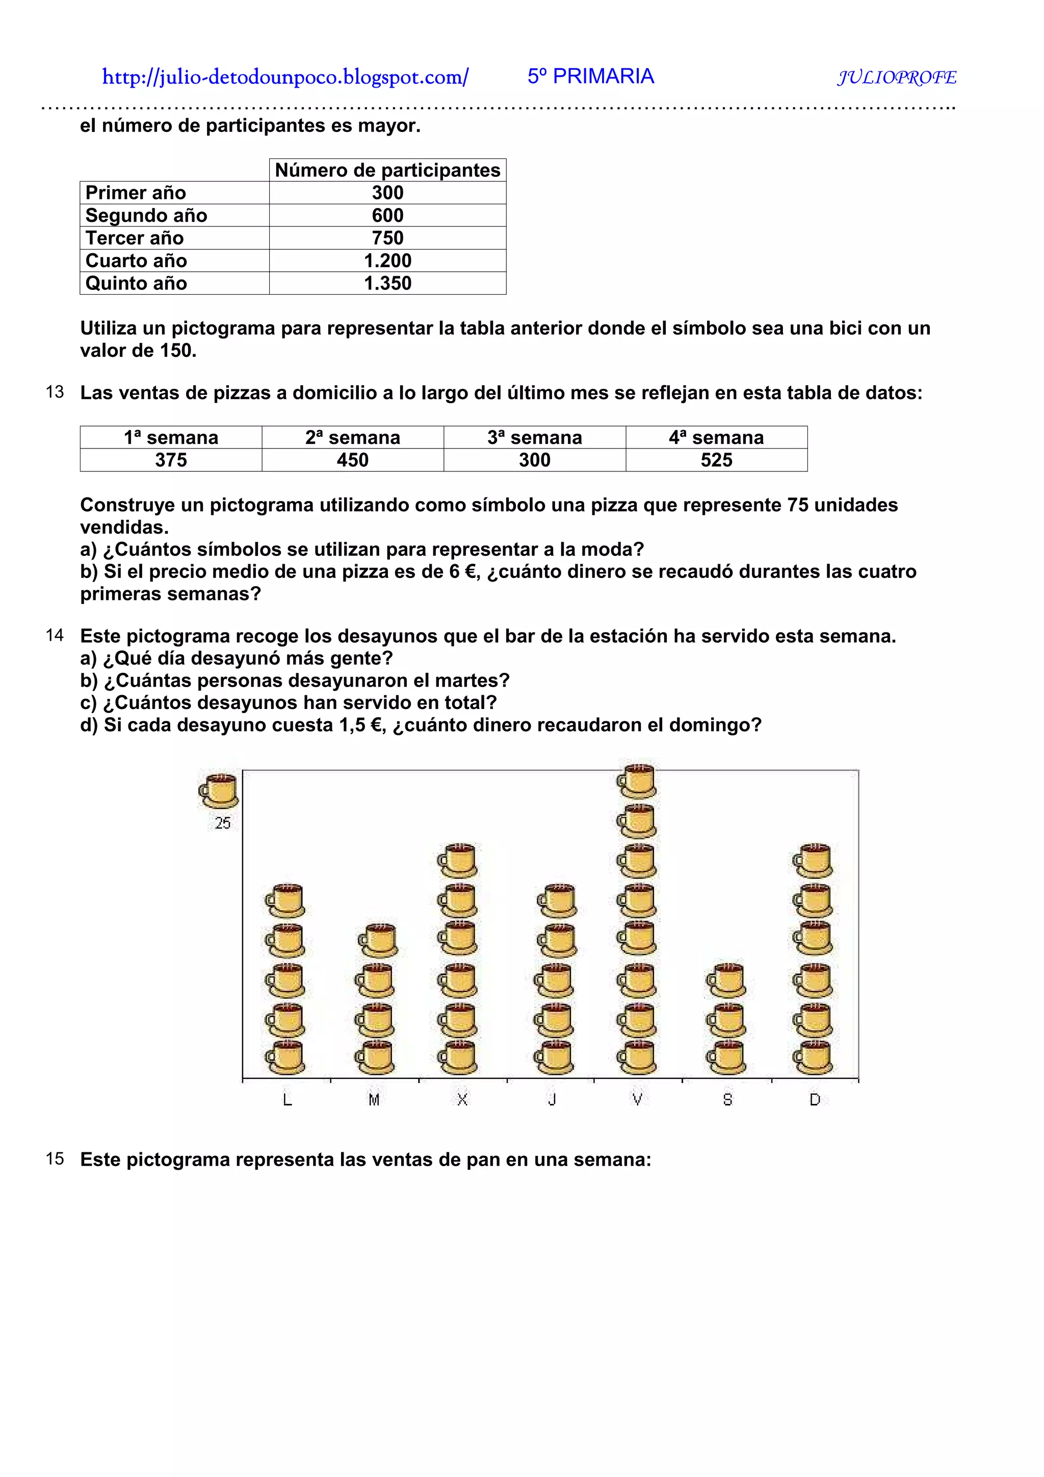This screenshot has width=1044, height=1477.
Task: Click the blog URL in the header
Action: point(285,77)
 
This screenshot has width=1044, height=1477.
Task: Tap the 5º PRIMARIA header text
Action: point(590,76)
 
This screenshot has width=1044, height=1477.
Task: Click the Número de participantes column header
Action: point(387,170)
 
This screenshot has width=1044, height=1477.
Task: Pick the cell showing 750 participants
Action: point(387,238)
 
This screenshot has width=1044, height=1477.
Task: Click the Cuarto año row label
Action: point(137,260)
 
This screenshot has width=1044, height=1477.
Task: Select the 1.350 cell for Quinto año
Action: point(387,283)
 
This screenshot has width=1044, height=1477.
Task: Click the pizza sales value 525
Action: point(716,460)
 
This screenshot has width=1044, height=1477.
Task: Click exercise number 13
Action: point(55,392)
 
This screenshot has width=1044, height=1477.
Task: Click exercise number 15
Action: point(55,1158)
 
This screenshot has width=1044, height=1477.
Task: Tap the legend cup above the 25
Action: point(219,790)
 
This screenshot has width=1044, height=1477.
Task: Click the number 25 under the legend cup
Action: point(223,823)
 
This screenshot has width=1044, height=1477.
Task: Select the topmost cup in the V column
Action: point(636,781)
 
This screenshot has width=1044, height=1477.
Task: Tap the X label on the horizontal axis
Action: point(462,1099)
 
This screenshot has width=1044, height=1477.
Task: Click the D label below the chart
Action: point(815,1099)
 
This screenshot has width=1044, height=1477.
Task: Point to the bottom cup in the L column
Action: point(285,1057)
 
